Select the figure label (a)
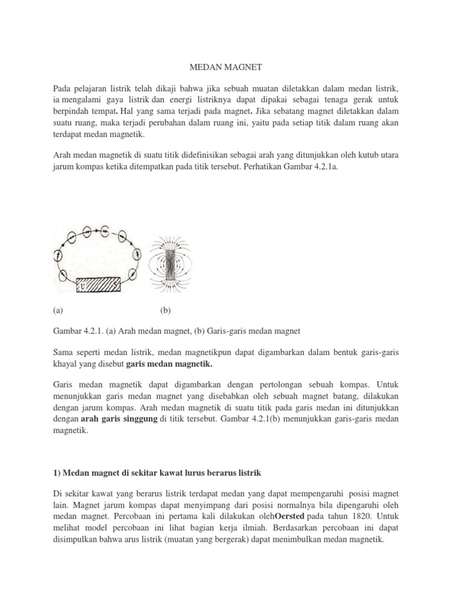pyautogui.click(x=58, y=309)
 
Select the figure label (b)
pyautogui.click(x=165, y=309)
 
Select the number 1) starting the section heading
pyautogui.click(x=57, y=473)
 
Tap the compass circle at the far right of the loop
pyautogui.click(x=137, y=255)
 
